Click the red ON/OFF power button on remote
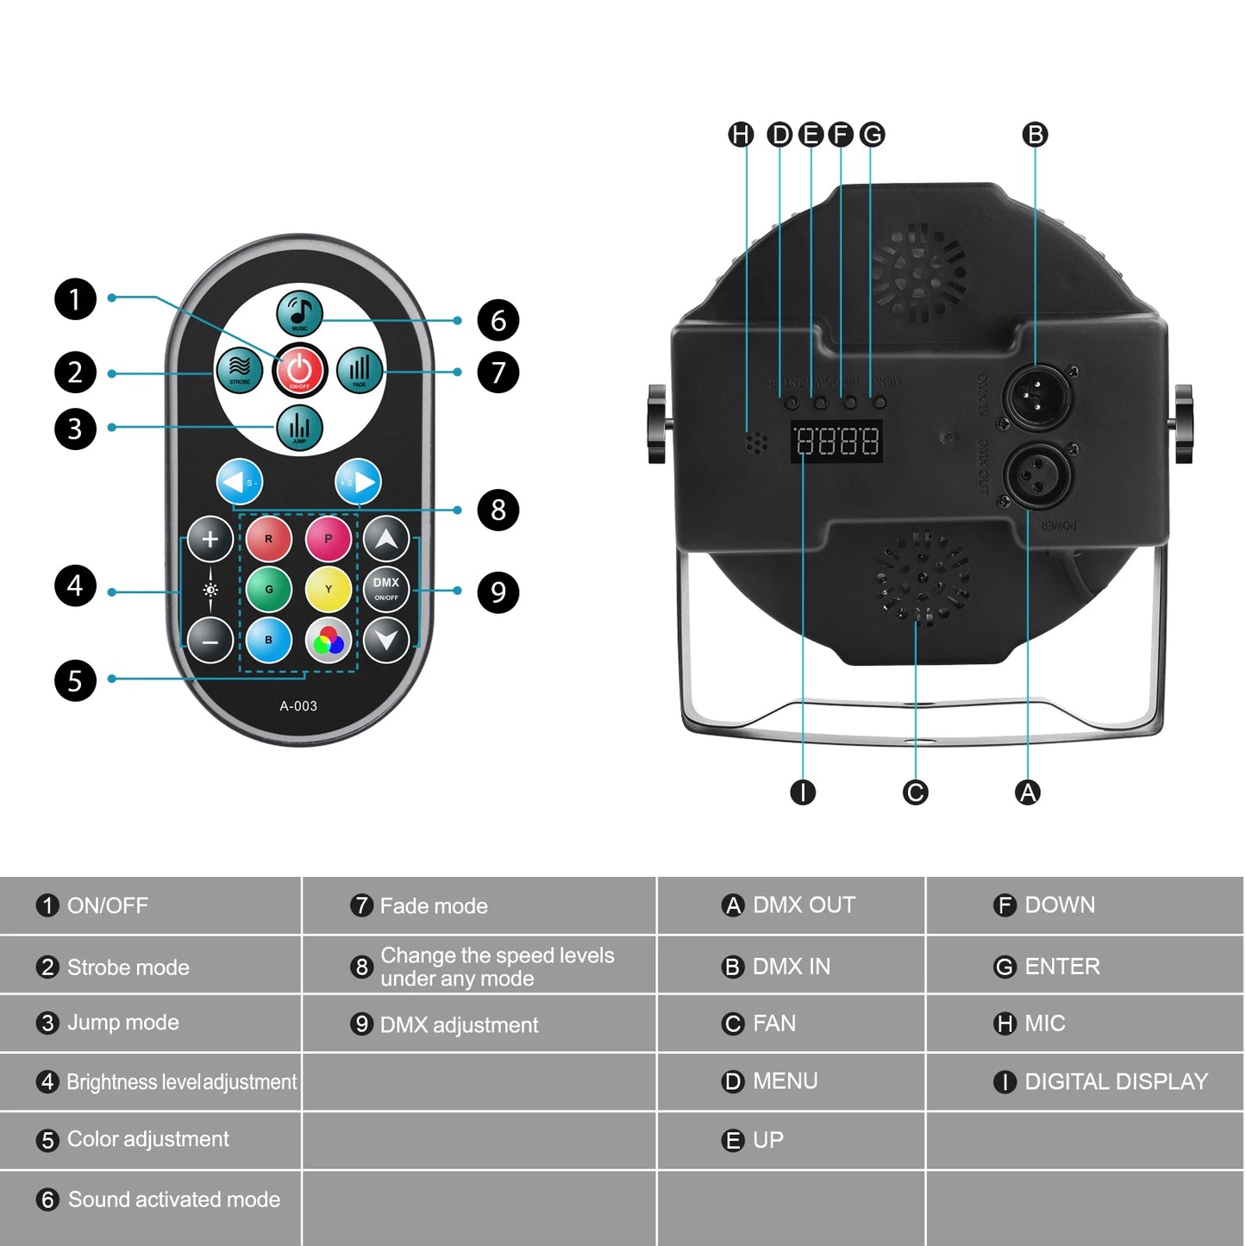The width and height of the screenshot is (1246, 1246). pos(299,370)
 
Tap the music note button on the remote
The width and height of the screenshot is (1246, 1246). pos(299,313)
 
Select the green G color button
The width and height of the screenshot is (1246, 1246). pos(269,590)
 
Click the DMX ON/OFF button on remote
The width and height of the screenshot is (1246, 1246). pos(386,589)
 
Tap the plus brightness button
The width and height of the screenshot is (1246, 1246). pos(210,540)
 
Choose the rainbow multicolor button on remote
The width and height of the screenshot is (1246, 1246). pos(329,641)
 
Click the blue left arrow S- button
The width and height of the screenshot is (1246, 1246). pos(239,483)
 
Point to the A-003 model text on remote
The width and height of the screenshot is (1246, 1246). pos(298,706)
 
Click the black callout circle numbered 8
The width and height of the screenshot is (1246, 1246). pos(498,510)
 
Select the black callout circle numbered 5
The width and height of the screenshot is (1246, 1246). pos(75,680)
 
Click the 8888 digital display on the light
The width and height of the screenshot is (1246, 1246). pos(836,442)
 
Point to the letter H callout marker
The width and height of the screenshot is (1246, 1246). pos(741,135)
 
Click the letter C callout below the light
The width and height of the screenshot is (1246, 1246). pos(915,792)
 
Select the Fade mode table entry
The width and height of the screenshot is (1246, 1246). pos(434,906)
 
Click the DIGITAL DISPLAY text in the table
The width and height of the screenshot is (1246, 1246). pos(1116,1081)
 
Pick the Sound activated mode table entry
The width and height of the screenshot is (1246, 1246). pos(173,1199)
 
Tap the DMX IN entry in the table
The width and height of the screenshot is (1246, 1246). pos(791,967)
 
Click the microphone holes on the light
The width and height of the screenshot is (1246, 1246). pos(756,442)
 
